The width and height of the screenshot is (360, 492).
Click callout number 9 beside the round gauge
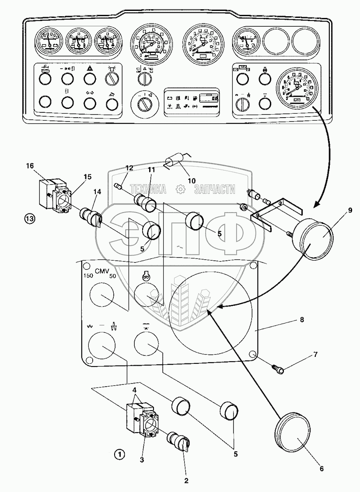(350, 210)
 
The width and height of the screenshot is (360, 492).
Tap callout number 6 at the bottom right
(322, 469)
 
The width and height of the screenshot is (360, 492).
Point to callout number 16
(30, 166)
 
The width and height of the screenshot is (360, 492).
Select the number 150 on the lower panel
(89, 276)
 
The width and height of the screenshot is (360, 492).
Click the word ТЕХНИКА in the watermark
(147, 189)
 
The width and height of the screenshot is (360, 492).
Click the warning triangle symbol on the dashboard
(89, 68)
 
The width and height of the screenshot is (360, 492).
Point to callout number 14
(97, 191)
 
